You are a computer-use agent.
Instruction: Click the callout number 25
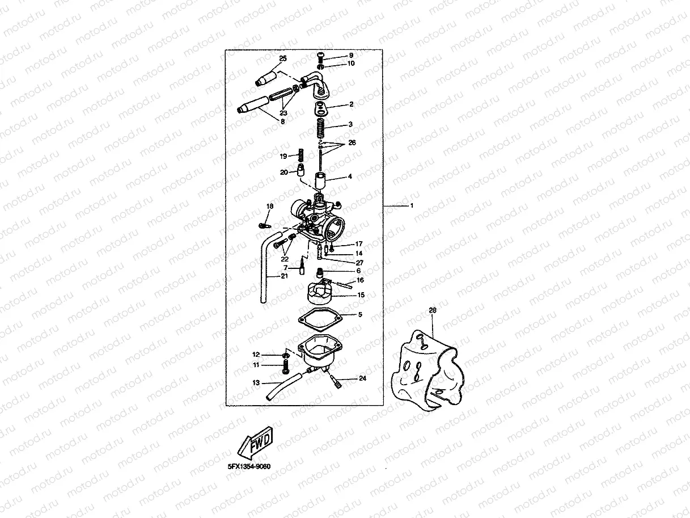tap(283, 59)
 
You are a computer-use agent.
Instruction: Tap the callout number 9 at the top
tap(351, 55)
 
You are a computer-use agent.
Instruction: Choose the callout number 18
tap(270, 206)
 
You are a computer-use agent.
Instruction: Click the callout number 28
tap(433, 310)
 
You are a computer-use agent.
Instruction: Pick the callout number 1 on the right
tap(412, 205)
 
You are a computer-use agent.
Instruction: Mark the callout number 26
tap(352, 142)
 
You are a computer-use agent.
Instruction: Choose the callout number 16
tap(360, 280)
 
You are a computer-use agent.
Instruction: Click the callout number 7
tap(286, 268)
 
